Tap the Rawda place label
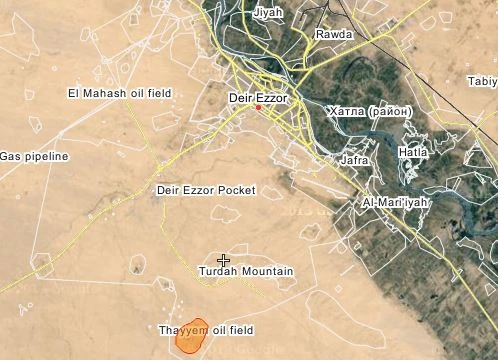[x=334, y=34]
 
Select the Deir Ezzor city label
[x=259, y=97]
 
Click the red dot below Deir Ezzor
[x=258, y=108]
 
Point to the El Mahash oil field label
[x=119, y=93]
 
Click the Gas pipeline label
[x=34, y=156]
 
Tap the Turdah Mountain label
[x=246, y=272]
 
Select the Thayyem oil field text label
[x=207, y=330]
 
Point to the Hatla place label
[x=412, y=152]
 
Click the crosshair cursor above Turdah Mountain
[x=224, y=259]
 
